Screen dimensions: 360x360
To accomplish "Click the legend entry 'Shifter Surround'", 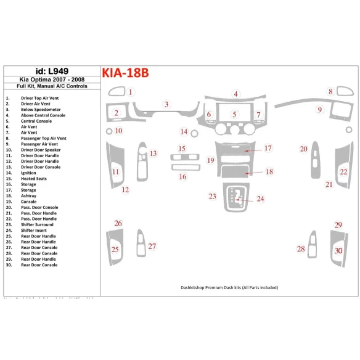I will [x=37, y=224].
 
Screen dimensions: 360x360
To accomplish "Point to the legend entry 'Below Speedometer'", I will [x=40, y=110].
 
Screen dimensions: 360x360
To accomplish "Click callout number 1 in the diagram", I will [x=131, y=92].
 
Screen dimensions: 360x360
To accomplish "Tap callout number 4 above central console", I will [x=235, y=94].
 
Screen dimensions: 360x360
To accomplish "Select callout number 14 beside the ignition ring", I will [x=183, y=132].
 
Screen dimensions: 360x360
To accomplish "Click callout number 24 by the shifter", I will [x=260, y=198].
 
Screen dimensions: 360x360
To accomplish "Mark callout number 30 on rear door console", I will [x=338, y=250].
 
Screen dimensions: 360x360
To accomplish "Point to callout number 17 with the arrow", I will [x=268, y=149].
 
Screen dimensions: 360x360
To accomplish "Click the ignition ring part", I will [x=194, y=134].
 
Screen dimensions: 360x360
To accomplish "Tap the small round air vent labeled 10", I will [x=108, y=131].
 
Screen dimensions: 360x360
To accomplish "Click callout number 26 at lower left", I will [x=118, y=223].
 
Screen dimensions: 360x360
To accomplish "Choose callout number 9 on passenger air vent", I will [x=319, y=110].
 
